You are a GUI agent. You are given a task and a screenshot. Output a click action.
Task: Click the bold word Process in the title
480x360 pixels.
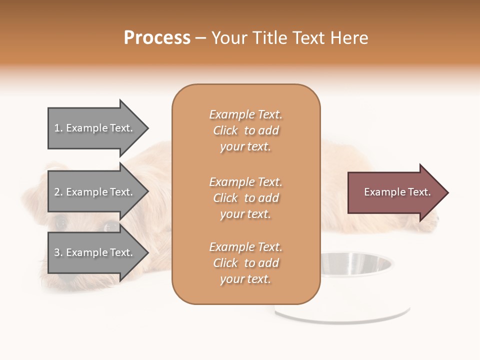157,38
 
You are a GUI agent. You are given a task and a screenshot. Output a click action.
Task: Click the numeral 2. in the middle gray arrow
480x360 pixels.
58,192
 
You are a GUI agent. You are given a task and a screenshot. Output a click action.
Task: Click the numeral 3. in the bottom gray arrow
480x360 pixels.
58,252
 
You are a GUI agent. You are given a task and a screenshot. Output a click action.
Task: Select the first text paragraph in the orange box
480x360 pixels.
245,130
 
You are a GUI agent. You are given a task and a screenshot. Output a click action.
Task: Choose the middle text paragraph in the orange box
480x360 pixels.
245,198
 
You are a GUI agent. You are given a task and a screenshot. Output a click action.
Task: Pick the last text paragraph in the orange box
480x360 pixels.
245,263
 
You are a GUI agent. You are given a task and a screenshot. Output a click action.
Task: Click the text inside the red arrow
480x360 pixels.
397,192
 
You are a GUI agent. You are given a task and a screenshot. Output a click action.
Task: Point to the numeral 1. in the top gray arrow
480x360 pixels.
58,128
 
